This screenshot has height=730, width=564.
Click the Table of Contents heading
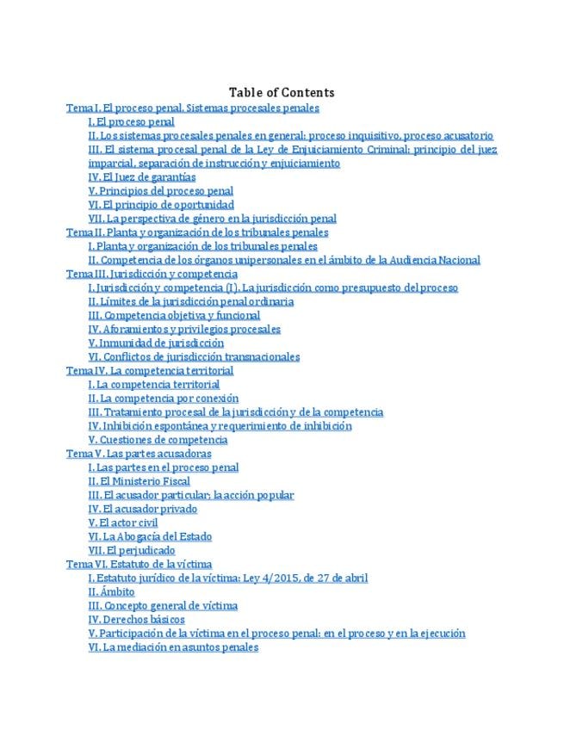tap(282, 92)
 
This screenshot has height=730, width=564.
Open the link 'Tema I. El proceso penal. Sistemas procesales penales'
tap(193, 108)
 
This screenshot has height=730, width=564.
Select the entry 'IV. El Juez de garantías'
tap(142, 176)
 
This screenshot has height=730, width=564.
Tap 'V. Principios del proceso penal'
tap(161, 190)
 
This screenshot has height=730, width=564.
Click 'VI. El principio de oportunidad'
tap(161, 205)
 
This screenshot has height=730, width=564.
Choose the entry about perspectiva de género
tap(212, 219)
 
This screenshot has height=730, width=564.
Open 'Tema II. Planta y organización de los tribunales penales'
tap(197, 232)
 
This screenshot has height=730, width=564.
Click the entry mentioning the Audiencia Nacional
tap(284, 260)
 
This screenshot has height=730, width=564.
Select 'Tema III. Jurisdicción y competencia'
tap(152, 274)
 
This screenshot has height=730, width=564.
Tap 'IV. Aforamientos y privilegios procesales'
tap(184, 329)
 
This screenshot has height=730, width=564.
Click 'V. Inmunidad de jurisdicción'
tap(156, 343)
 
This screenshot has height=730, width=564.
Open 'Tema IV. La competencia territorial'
tap(150, 370)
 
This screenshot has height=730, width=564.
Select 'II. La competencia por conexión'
tap(164, 399)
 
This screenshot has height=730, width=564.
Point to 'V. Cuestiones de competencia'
tap(158, 440)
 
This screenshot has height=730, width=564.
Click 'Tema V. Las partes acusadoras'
tap(139, 454)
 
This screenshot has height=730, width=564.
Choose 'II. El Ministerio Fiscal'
tap(139, 481)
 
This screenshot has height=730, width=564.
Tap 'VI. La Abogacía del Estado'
tap(151, 536)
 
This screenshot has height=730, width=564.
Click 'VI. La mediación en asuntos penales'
tap(173, 646)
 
